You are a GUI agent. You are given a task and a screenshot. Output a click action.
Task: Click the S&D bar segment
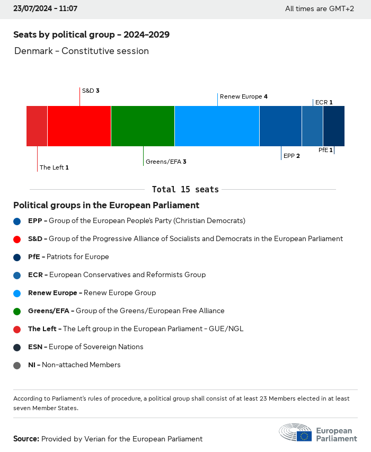79,126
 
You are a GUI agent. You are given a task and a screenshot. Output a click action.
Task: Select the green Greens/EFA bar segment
143,126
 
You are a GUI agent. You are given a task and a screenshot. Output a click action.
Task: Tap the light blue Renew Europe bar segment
217,126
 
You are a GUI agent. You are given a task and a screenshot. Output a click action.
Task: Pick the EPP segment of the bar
280,126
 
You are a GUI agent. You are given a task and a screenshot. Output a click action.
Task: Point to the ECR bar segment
312,126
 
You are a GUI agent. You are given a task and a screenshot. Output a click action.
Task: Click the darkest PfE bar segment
333,126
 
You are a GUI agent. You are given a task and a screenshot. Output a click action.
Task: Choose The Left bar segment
37,126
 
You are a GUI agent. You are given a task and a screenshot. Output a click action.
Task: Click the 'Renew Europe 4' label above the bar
243,96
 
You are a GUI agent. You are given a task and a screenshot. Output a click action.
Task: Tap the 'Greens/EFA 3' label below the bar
166,161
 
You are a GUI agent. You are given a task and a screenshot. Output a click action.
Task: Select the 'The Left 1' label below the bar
54,167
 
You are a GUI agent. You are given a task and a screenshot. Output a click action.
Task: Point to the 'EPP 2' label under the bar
291,156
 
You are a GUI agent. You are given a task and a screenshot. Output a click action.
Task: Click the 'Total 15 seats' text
185,189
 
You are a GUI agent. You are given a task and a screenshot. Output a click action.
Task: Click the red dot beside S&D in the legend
17,239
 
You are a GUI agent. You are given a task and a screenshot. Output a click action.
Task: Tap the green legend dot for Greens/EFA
17,311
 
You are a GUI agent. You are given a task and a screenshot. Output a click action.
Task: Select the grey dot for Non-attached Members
17,365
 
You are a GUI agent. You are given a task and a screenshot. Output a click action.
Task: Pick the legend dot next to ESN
17,347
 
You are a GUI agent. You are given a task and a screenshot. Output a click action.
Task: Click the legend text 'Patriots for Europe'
77,256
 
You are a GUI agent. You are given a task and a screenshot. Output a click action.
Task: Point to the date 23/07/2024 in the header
32,8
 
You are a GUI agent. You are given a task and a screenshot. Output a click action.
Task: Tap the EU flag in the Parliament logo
304,436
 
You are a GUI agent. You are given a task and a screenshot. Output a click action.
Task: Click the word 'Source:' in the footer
26,439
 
